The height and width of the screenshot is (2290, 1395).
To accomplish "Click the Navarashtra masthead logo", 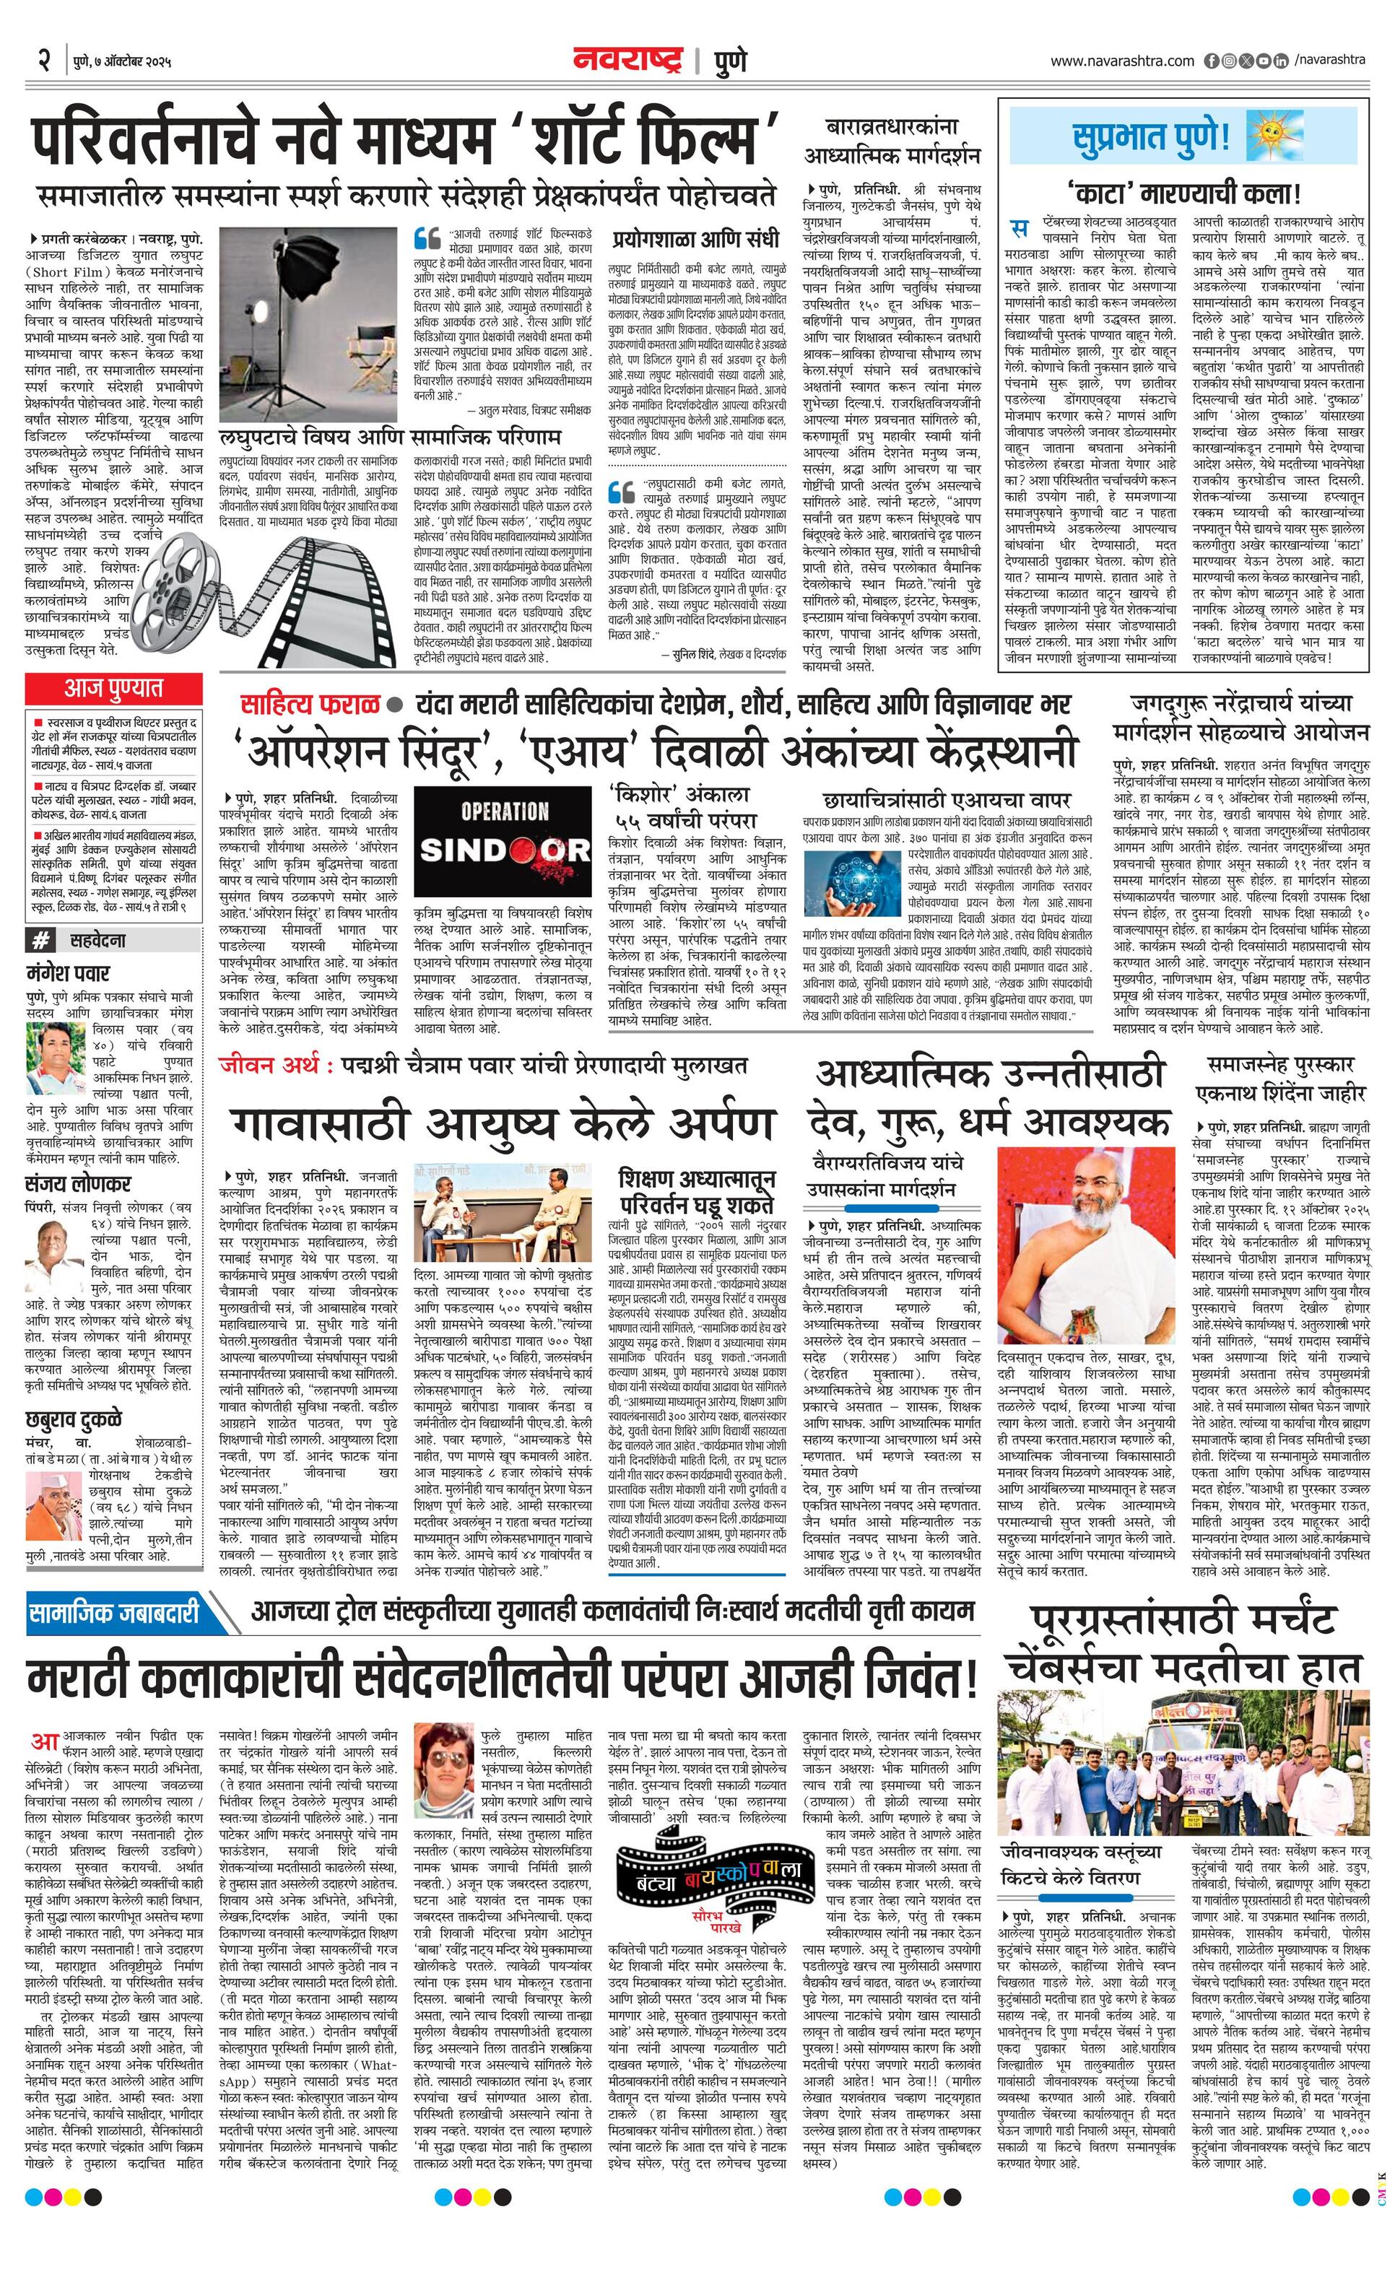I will coord(632,61).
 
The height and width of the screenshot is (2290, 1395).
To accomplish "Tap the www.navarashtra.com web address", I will coord(1122,61).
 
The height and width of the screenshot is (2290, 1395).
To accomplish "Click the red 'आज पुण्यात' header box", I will coord(113,689).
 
